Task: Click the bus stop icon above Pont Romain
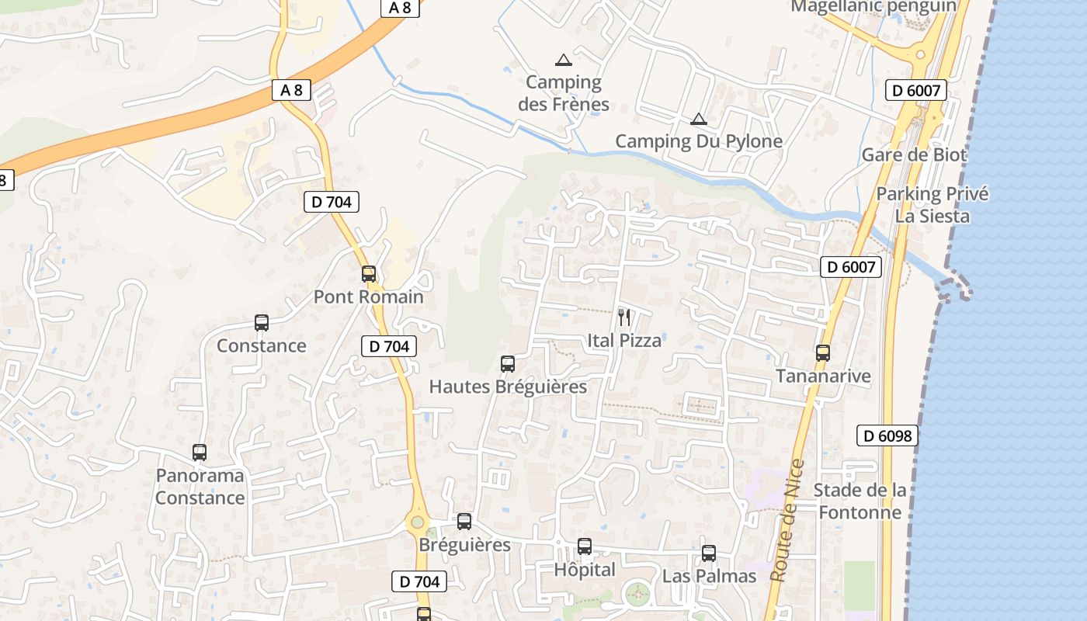click(x=369, y=274)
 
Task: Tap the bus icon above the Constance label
click(x=262, y=323)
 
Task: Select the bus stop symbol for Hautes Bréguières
click(x=508, y=363)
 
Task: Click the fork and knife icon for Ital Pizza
click(x=623, y=317)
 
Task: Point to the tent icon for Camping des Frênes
click(x=564, y=60)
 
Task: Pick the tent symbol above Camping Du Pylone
click(x=699, y=119)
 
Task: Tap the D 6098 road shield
click(x=887, y=435)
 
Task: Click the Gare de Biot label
click(x=914, y=154)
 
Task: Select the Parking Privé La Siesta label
click(x=932, y=204)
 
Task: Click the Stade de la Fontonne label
click(x=860, y=501)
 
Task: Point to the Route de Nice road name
click(x=788, y=520)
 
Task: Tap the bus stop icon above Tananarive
click(x=823, y=353)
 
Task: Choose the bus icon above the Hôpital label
click(x=585, y=546)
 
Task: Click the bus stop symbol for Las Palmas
click(x=709, y=553)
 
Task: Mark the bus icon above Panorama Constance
click(x=200, y=453)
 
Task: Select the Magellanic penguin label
click(x=873, y=6)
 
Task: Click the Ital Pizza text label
click(x=624, y=340)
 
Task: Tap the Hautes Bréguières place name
click(x=508, y=386)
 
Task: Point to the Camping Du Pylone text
click(x=699, y=141)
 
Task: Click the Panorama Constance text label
click(x=200, y=487)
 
